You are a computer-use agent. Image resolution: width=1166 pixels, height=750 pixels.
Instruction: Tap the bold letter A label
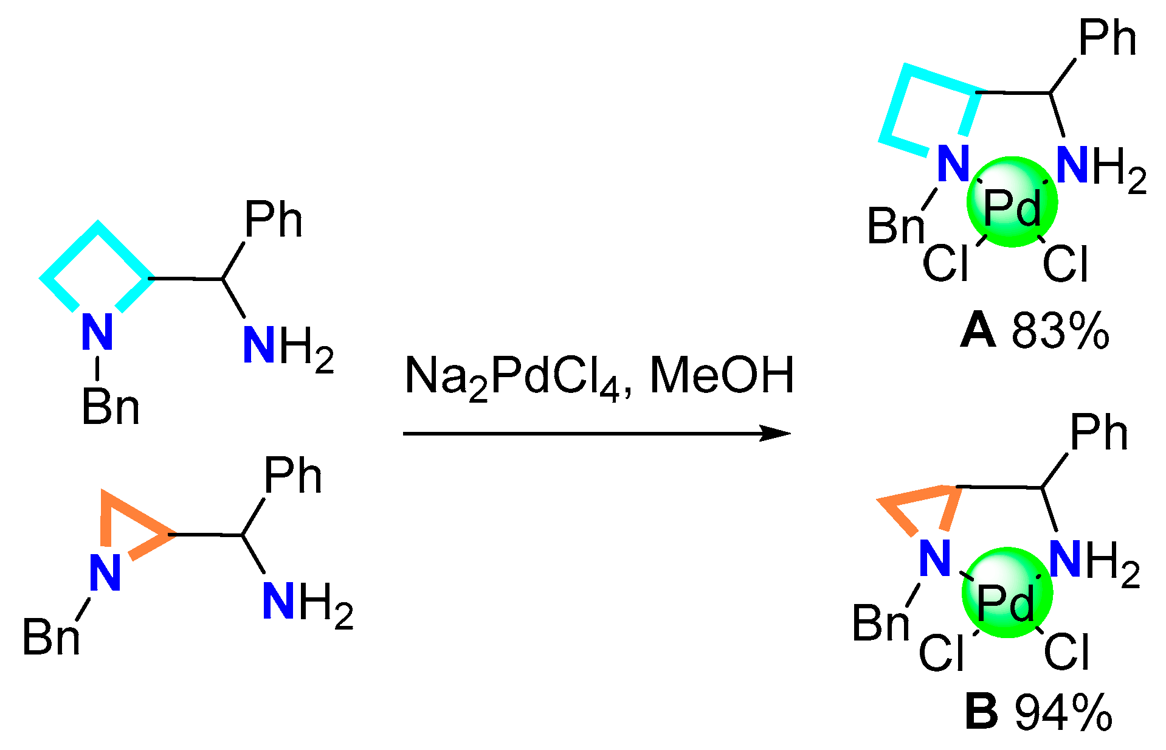(x=978, y=332)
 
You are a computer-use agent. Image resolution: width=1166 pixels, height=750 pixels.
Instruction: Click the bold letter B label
(x=981, y=711)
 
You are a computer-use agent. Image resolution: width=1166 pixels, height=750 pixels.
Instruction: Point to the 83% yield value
(x=1060, y=332)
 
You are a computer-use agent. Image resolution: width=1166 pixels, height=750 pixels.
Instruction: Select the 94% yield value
(x=1063, y=711)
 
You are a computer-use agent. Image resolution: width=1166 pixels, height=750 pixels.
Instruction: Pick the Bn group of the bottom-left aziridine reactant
(x=51, y=637)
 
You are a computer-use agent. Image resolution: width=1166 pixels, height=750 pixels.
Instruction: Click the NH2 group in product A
(x=1100, y=167)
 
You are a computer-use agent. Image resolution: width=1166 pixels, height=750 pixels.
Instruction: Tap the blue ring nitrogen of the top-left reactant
(x=97, y=332)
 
